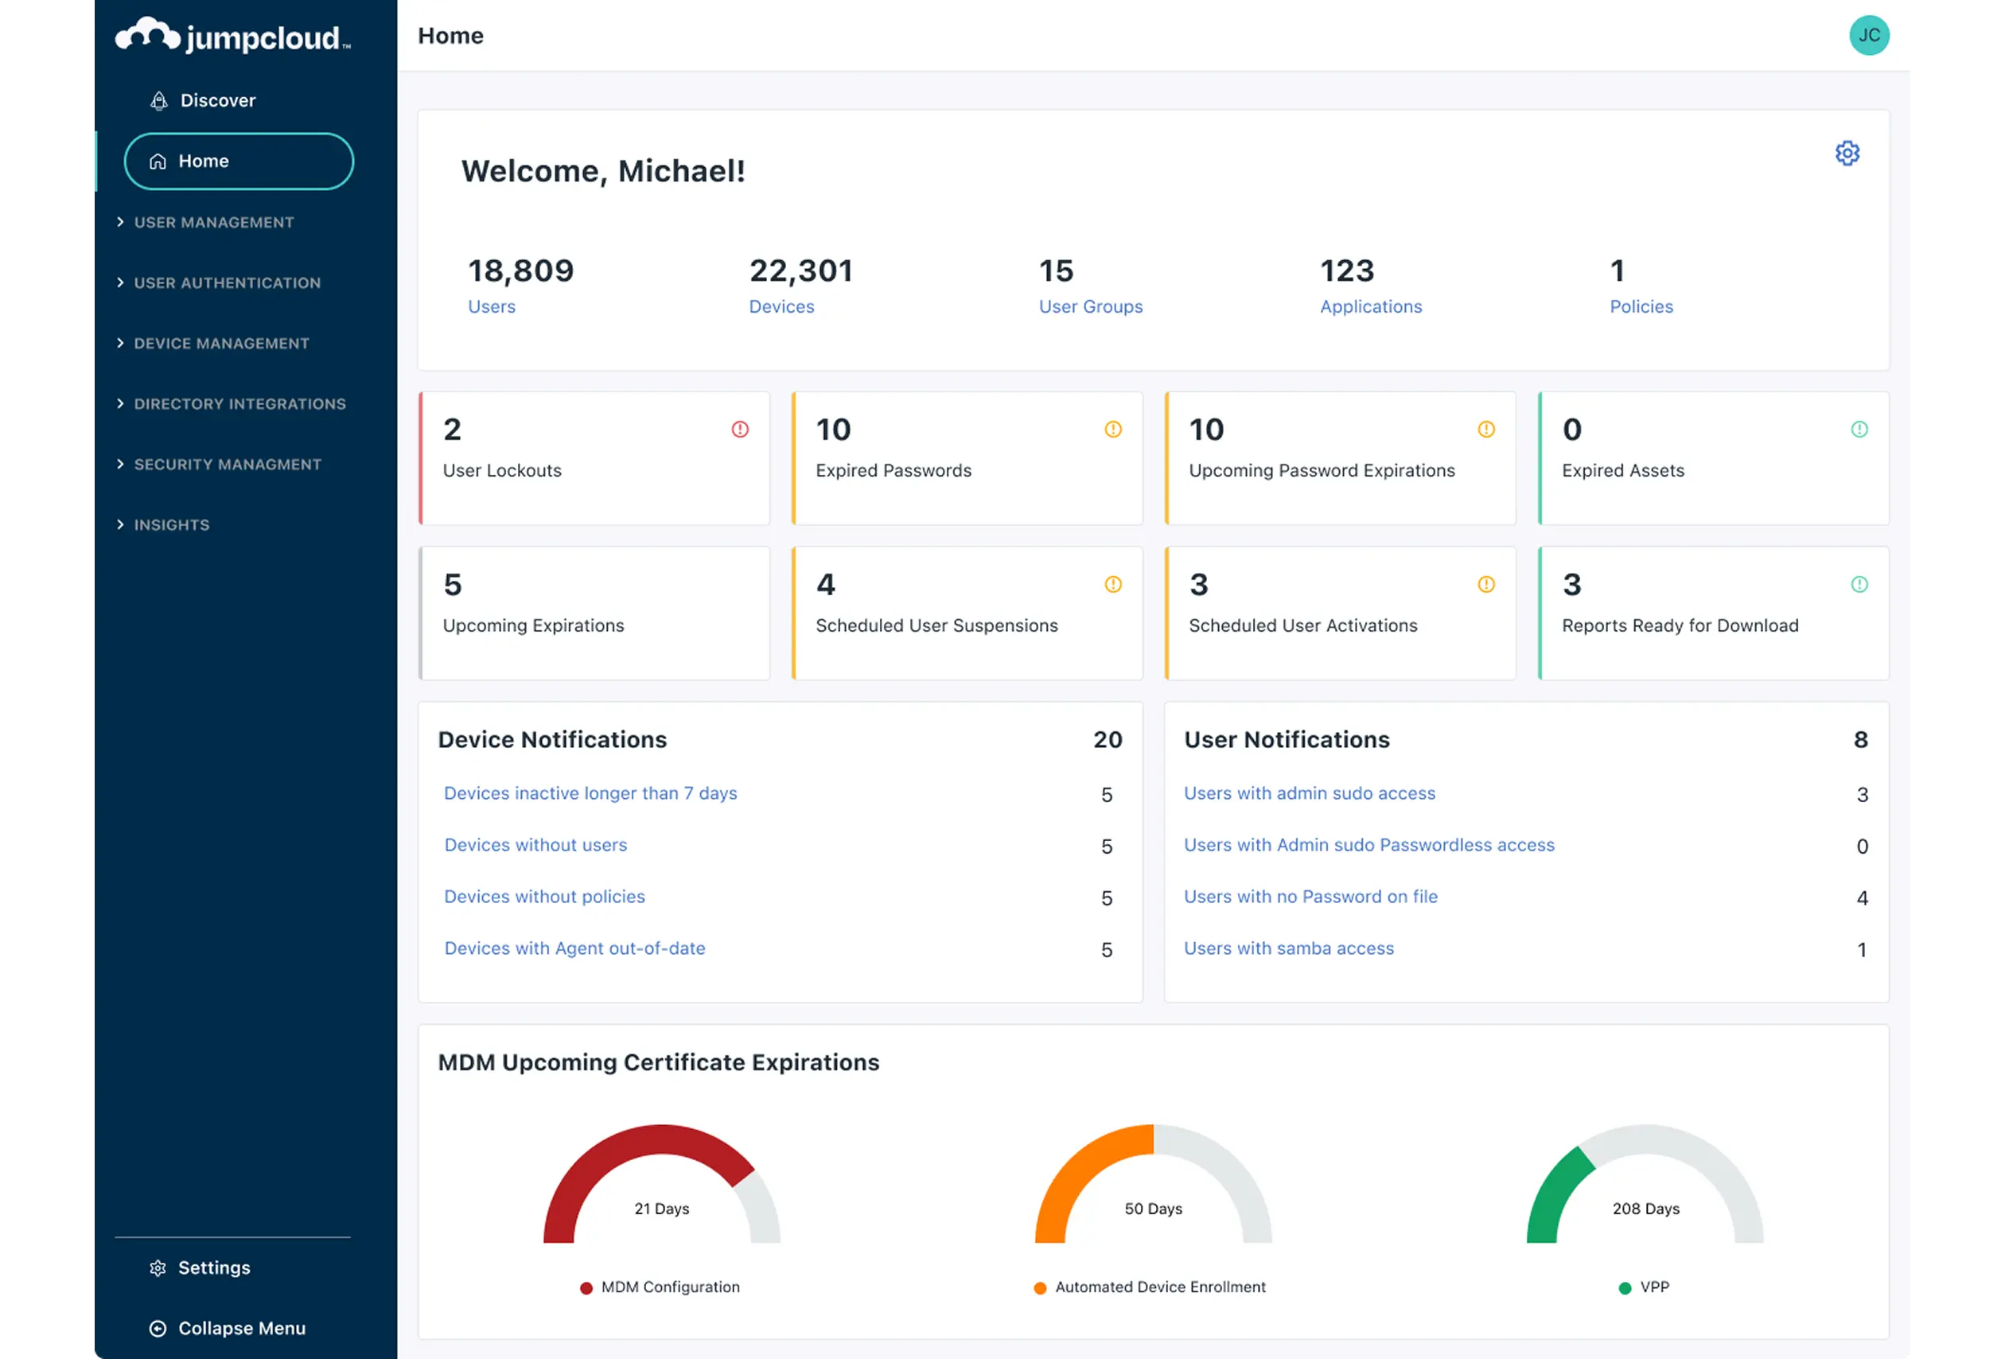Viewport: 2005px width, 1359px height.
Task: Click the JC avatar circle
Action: point(1869,35)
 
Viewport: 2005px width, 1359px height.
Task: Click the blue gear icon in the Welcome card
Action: point(1846,154)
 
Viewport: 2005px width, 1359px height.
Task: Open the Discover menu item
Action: point(216,100)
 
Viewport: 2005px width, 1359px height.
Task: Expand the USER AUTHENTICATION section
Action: point(226,283)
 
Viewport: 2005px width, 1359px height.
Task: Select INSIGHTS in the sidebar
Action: point(171,524)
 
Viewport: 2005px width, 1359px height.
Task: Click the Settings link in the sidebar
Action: point(213,1267)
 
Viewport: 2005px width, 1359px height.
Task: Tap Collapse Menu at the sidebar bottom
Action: point(241,1328)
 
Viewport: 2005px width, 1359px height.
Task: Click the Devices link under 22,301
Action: point(781,306)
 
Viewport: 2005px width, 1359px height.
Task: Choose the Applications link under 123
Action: point(1370,306)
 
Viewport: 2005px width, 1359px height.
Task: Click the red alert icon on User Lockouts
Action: point(739,429)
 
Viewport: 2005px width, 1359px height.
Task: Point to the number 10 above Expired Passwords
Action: point(832,430)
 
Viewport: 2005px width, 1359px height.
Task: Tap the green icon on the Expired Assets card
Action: point(1859,429)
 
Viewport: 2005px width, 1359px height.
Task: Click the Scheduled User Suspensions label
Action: point(936,625)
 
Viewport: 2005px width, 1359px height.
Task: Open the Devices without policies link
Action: point(544,897)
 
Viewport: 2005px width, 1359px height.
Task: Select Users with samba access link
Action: point(1288,948)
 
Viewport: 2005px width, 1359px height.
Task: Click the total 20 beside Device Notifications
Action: point(1107,739)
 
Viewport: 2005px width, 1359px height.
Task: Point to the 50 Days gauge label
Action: point(1153,1209)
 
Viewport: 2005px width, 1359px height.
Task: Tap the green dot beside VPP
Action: point(1625,1288)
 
